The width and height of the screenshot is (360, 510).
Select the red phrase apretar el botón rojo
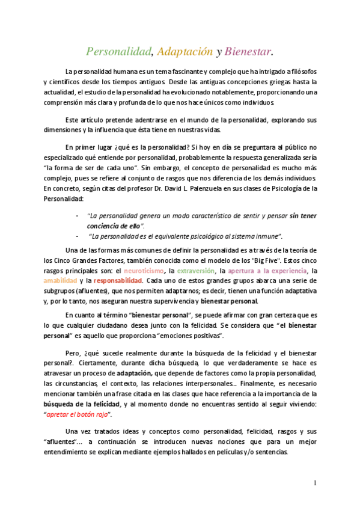pos(78,415)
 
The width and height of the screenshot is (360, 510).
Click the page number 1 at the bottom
pos(315,483)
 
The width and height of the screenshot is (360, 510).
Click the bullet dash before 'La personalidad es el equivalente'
pos(76,236)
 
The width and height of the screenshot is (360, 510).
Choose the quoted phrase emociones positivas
pos(192,334)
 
